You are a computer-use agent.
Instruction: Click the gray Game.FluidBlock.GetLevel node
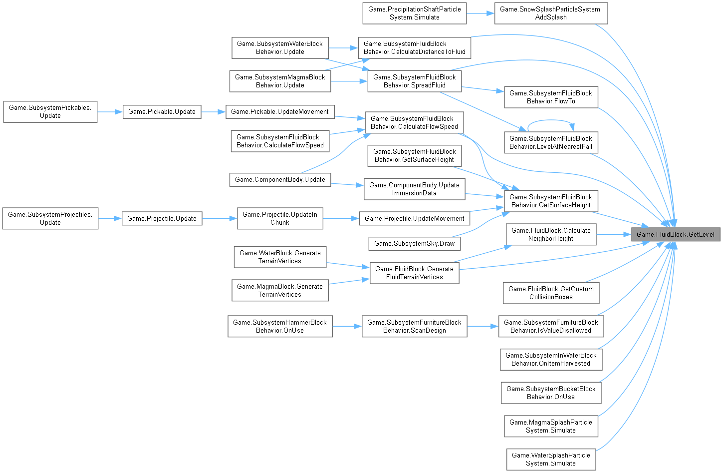pyautogui.click(x=676, y=234)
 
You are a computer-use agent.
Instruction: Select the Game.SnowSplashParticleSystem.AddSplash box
pyautogui.click(x=551, y=13)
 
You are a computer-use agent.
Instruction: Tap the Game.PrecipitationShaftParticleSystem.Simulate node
pyautogui.click(x=414, y=13)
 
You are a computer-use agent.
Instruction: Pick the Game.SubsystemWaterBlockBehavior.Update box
pyautogui.click(x=279, y=47)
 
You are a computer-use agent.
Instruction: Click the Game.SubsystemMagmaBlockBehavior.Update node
pyautogui.click(x=279, y=81)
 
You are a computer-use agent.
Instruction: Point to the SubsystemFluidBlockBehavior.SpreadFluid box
pyautogui.click(x=414, y=81)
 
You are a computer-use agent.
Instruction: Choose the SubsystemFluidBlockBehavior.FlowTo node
pyautogui.click(x=551, y=97)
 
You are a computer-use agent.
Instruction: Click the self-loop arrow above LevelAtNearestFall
pyautogui.click(x=551, y=120)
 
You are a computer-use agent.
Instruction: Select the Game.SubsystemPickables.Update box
pyautogui.click(x=50, y=111)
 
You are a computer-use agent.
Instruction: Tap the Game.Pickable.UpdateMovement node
pyautogui.click(x=279, y=111)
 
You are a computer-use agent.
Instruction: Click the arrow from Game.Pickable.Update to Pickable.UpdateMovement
pyautogui.click(x=214, y=111)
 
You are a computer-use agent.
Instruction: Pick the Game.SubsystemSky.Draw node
pyautogui.click(x=414, y=243)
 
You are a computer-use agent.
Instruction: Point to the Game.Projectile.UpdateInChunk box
pyautogui.click(x=279, y=218)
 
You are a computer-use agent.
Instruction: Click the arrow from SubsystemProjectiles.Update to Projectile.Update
pyautogui.click(x=110, y=218)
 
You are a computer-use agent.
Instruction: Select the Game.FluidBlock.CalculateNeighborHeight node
pyautogui.click(x=551, y=234)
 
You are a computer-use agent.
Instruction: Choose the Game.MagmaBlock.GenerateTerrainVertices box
pyautogui.click(x=279, y=290)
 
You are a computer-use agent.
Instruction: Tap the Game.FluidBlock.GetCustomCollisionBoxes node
pyautogui.click(x=551, y=293)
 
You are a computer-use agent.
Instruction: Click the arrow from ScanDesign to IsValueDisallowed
pyautogui.click(x=483, y=326)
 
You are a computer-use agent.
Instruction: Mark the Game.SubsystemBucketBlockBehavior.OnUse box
pyautogui.click(x=551, y=393)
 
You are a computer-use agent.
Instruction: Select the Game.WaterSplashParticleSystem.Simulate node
pyautogui.click(x=551, y=459)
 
